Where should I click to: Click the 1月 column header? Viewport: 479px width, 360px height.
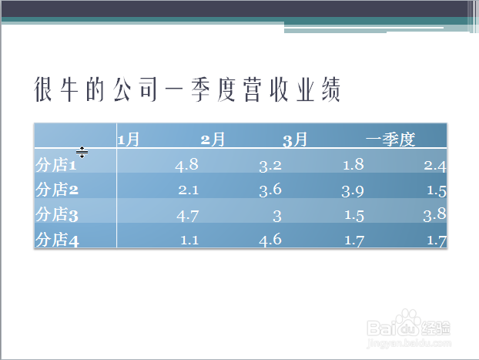(x=129, y=140)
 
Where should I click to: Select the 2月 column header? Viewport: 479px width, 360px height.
(x=213, y=140)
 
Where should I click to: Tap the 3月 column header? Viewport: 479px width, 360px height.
(x=295, y=140)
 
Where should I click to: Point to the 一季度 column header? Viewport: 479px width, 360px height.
(x=390, y=140)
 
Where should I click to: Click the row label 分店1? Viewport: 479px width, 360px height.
(x=56, y=164)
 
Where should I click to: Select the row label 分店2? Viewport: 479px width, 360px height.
(x=57, y=190)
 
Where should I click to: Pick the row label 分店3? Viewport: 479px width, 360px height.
(x=57, y=214)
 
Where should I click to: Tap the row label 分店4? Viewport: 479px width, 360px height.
(x=57, y=239)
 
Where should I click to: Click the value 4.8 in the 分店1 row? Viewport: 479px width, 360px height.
(x=186, y=165)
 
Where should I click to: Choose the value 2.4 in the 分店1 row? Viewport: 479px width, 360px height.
(x=435, y=166)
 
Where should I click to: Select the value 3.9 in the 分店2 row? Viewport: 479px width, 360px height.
(x=353, y=191)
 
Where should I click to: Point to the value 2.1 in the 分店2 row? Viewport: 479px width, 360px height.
(x=189, y=190)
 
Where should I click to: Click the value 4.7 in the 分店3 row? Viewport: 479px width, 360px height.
(x=188, y=216)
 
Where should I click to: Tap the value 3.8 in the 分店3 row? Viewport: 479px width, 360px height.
(x=435, y=215)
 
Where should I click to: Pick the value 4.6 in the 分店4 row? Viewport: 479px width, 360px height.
(x=270, y=240)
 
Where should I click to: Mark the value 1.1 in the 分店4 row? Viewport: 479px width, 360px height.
(x=189, y=240)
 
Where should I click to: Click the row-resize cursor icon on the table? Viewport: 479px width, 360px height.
(x=82, y=153)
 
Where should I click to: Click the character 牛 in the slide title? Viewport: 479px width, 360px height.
(x=69, y=89)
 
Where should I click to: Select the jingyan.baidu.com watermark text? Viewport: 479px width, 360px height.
(x=409, y=343)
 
